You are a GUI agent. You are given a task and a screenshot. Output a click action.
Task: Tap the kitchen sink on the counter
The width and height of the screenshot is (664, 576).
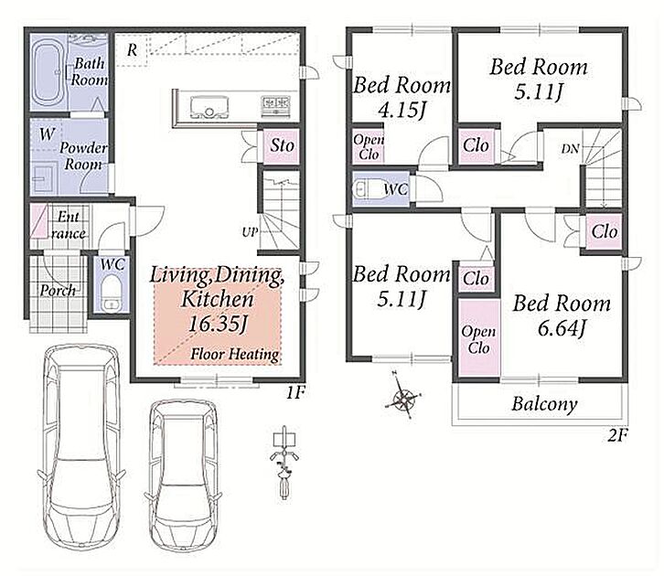209,107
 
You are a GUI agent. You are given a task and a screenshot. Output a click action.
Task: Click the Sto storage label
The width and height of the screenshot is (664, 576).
282,145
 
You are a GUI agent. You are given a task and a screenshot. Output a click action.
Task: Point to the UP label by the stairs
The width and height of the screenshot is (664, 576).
250,232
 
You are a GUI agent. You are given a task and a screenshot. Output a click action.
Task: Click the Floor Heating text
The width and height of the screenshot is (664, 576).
235,354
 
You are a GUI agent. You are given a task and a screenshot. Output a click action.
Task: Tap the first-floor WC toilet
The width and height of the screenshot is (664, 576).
112,293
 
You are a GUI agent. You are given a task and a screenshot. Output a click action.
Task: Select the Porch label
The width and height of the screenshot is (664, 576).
58,291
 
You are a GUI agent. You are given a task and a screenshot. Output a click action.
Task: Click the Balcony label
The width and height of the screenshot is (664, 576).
544,404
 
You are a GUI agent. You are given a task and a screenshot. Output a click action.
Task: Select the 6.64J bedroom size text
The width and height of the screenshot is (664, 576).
562,328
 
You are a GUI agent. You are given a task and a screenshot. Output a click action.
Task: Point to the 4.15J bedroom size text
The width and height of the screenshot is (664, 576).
401,110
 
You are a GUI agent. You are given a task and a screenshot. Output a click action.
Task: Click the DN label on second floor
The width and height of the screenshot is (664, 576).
570,149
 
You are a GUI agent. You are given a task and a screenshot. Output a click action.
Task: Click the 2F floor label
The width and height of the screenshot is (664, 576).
617,435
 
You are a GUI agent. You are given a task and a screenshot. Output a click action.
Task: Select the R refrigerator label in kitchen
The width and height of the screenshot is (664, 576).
132,50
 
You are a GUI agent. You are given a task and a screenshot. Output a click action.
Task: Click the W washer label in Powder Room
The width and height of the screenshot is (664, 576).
47,134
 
